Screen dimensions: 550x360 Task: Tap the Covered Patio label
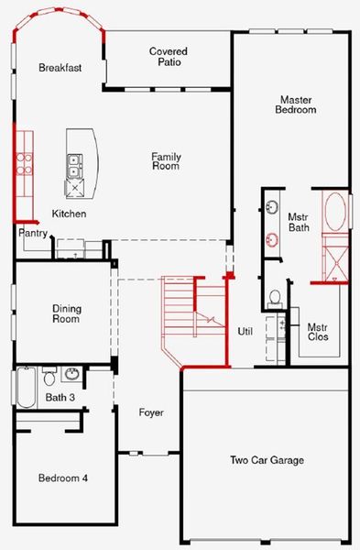click(169, 57)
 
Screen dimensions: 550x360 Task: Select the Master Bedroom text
click(296, 104)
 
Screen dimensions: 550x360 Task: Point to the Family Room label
click(166, 162)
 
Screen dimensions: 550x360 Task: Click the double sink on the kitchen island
click(74, 165)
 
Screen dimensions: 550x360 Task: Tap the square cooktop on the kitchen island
click(74, 187)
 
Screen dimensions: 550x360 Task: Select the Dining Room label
click(65, 313)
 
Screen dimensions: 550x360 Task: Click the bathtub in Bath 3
click(25, 387)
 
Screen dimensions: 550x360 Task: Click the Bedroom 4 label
click(63, 478)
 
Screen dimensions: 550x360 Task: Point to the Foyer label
click(151, 412)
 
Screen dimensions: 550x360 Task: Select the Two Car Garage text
click(266, 460)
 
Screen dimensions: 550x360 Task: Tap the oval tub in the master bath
click(335, 212)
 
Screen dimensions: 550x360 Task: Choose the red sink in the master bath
click(272, 240)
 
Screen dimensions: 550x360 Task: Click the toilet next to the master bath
click(275, 298)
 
